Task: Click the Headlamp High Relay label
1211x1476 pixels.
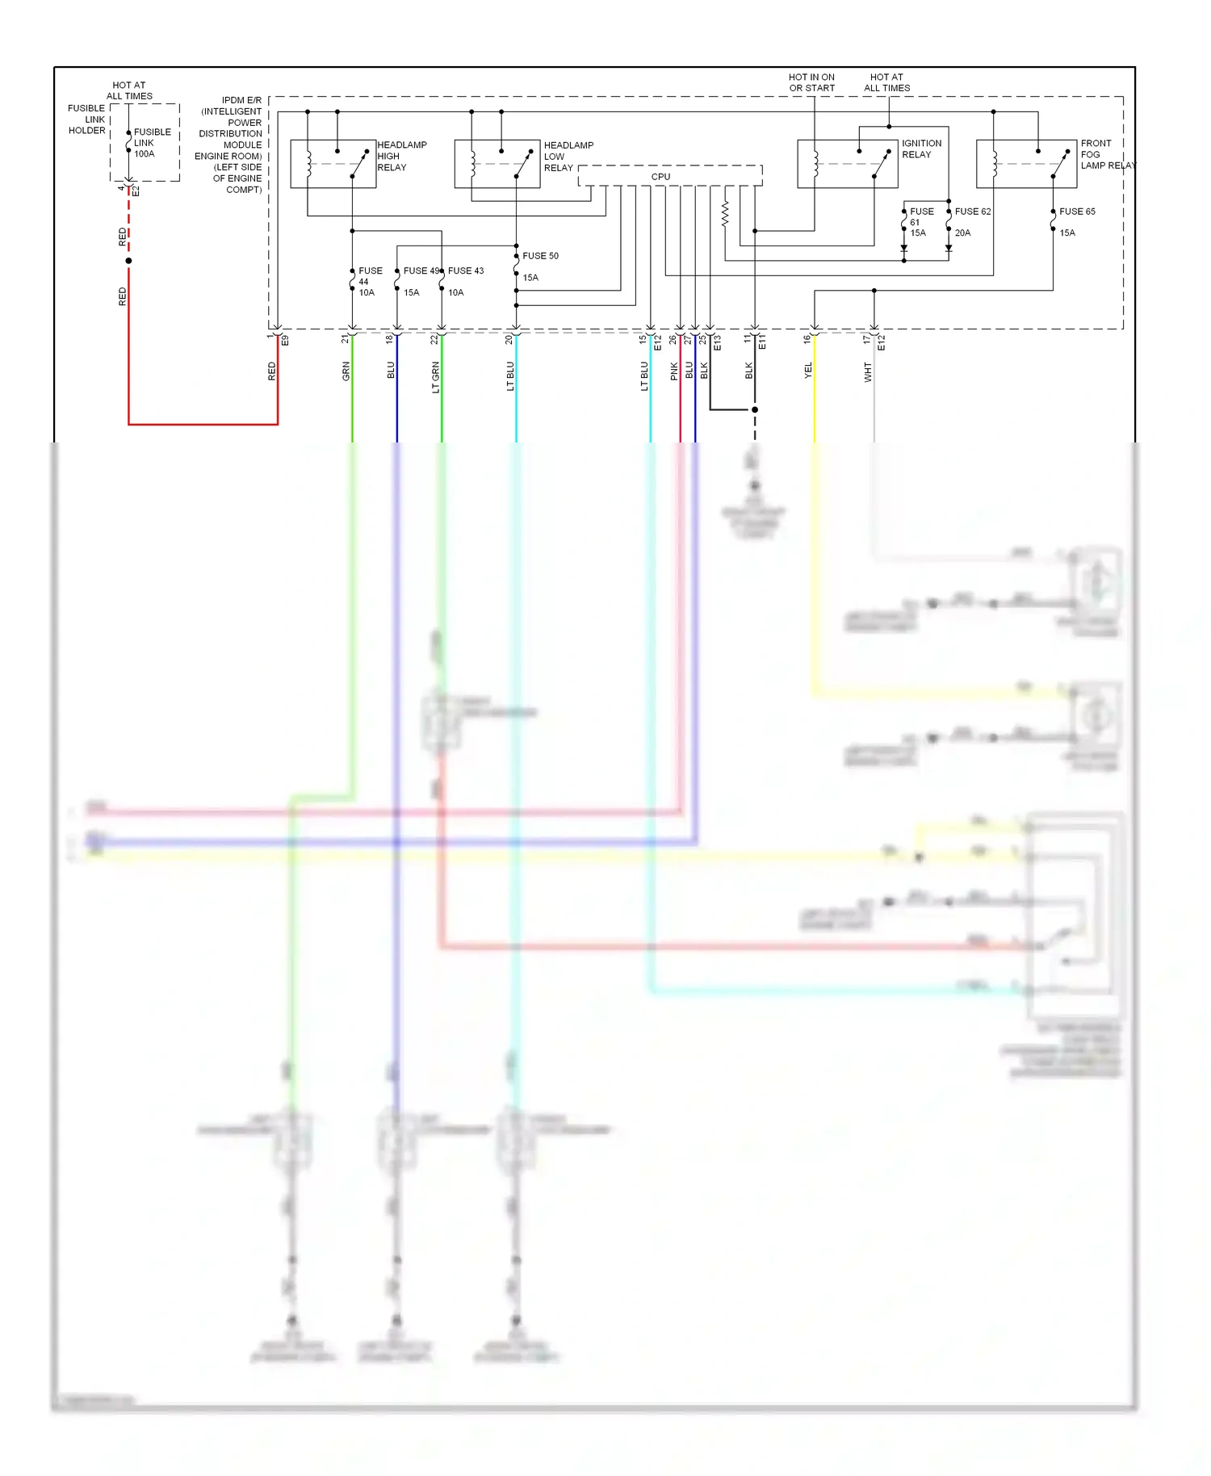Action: point(401,156)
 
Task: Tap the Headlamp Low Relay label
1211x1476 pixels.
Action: point(568,157)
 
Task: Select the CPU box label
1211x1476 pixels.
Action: point(660,177)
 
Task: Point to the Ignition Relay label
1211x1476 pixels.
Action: point(921,149)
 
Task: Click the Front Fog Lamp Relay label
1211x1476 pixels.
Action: point(1106,154)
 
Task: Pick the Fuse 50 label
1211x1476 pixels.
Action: point(540,256)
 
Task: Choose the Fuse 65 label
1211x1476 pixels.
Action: point(1077,212)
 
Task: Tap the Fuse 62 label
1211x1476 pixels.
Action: point(972,212)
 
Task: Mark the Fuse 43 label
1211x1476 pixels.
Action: point(466,270)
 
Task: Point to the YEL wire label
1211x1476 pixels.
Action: point(808,371)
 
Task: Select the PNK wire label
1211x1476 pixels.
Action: point(674,371)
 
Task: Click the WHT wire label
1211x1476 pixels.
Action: point(868,372)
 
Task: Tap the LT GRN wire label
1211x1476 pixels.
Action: point(435,377)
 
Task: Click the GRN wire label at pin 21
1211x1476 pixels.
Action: point(346,371)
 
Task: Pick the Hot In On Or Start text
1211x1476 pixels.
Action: point(811,82)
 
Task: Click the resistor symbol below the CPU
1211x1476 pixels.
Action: point(725,214)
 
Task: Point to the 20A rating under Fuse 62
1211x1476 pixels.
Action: point(962,233)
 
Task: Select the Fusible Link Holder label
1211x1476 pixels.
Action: point(86,120)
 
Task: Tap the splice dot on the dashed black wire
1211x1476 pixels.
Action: point(755,409)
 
